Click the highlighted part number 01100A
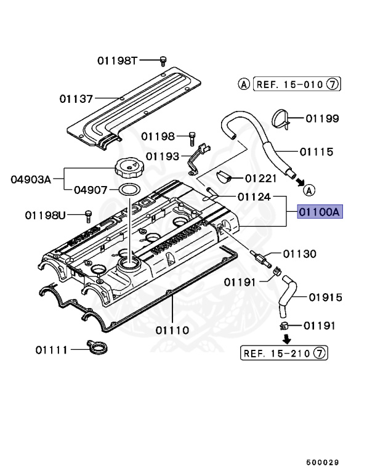coord(319,212)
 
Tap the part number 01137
coord(76,99)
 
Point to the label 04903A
coord(30,180)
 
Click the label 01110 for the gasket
coord(172,330)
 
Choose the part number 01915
coord(325,297)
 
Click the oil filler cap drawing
coord(127,168)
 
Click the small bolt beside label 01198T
coord(163,60)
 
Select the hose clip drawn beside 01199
coord(280,119)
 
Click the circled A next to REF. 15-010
coord(244,84)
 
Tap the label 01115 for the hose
coord(317,152)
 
